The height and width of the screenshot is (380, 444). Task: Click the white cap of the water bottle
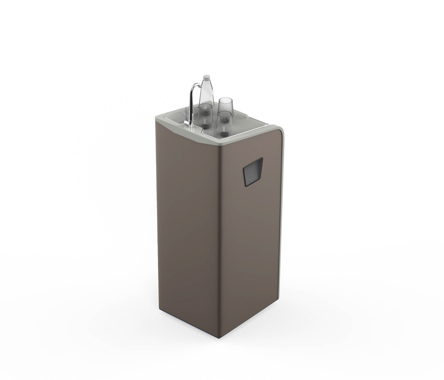click(x=206, y=77)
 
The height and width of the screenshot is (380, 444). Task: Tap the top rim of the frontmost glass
click(x=225, y=113)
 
